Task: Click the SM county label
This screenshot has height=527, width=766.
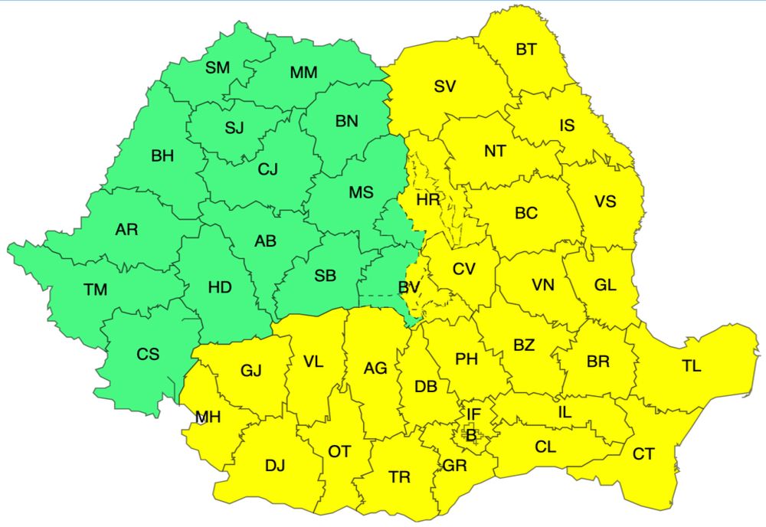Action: (218, 67)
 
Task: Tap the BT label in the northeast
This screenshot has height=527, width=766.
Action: (526, 50)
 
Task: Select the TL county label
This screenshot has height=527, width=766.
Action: (692, 366)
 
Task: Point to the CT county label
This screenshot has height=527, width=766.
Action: (643, 454)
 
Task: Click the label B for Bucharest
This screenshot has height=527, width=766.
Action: (471, 434)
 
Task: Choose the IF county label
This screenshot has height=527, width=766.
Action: (474, 414)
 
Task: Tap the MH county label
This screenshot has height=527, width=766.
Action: (208, 417)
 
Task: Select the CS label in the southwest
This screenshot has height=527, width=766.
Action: (148, 354)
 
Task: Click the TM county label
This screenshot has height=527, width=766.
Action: (96, 290)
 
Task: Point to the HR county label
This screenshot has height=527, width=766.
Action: (429, 200)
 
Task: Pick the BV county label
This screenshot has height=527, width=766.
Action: (408, 288)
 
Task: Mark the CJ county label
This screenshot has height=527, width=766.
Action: (267, 170)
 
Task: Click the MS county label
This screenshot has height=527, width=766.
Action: (361, 193)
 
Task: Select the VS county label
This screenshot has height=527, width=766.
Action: (605, 201)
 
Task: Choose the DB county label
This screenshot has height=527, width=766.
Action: (426, 387)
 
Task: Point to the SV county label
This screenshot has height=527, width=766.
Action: (445, 87)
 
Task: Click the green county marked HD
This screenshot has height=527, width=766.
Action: (220, 288)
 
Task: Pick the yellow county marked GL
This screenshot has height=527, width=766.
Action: (605, 285)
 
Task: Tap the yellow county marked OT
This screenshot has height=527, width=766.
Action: (339, 452)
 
